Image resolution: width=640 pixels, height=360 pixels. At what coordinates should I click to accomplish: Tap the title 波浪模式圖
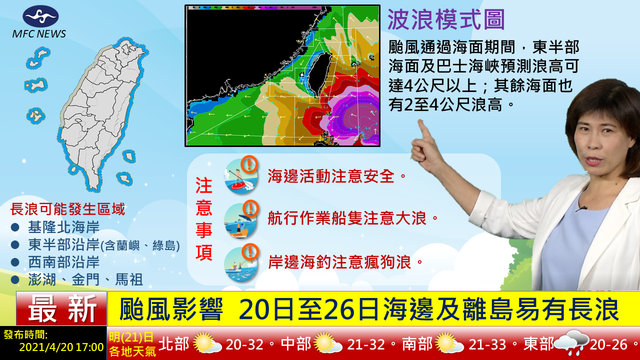[444, 19]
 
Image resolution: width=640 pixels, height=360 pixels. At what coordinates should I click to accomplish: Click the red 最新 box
[57, 308]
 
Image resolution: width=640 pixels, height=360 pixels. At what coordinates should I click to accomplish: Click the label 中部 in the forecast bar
[297, 344]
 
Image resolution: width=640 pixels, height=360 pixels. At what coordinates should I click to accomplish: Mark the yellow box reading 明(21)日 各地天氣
[130, 344]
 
